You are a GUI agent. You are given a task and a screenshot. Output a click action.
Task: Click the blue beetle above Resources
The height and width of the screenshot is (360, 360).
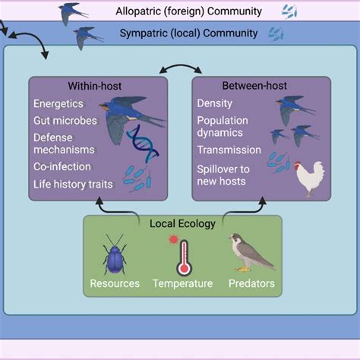(114, 254)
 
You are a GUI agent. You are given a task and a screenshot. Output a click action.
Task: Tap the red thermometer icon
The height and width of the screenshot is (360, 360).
(184, 258)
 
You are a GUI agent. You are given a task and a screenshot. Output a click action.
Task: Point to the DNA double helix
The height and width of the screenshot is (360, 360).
(144, 144)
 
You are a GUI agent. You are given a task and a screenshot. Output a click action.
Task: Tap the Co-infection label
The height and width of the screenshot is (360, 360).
(62, 166)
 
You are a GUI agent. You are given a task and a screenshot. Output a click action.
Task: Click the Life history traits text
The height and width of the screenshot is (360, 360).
(73, 183)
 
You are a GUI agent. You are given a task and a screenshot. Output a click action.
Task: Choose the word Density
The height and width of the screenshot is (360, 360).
(215, 103)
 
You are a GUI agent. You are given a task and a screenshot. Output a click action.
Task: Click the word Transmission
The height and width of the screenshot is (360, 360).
(229, 150)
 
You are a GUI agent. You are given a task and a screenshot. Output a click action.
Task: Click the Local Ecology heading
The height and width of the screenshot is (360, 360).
(182, 224)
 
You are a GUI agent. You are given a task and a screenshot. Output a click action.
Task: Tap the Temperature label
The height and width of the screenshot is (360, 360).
(183, 284)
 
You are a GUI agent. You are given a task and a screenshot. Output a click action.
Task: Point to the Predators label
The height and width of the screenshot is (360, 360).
(251, 284)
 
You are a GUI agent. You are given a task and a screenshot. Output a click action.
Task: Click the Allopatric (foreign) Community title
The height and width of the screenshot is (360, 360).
(189, 11)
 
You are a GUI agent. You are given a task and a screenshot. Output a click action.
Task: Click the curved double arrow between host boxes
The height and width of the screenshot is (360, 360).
(179, 69)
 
